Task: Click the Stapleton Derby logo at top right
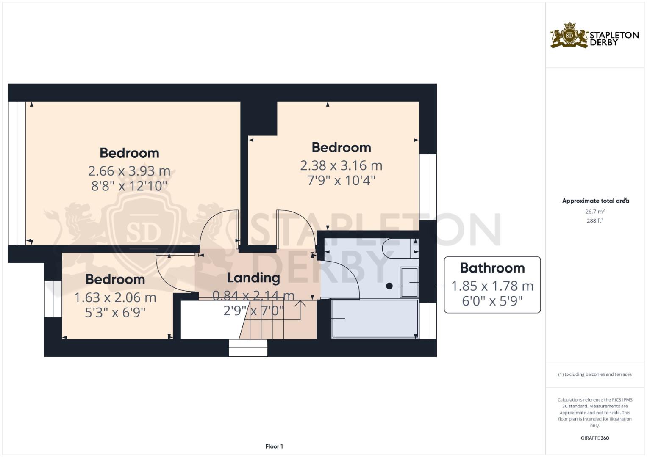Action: coord(594,36)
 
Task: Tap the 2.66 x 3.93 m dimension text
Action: coord(129,171)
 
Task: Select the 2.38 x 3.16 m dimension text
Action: coord(341,165)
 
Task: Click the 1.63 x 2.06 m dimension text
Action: coord(115,297)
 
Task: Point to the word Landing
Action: coord(253,278)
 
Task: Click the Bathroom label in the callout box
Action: coord(492,268)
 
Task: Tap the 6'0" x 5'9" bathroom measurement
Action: coord(492,301)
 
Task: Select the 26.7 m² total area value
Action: coord(595,211)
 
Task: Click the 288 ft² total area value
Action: coord(595,220)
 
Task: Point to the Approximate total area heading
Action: coord(595,201)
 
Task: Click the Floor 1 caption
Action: coord(274,446)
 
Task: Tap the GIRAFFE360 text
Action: coord(595,438)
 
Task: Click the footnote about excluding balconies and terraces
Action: coord(595,374)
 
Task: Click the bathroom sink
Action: coord(409,282)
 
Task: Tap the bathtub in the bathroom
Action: coord(375,319)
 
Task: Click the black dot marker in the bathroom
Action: coord(389,286)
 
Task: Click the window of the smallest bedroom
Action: coord(53,298)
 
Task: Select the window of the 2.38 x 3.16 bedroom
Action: coord(428,187)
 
